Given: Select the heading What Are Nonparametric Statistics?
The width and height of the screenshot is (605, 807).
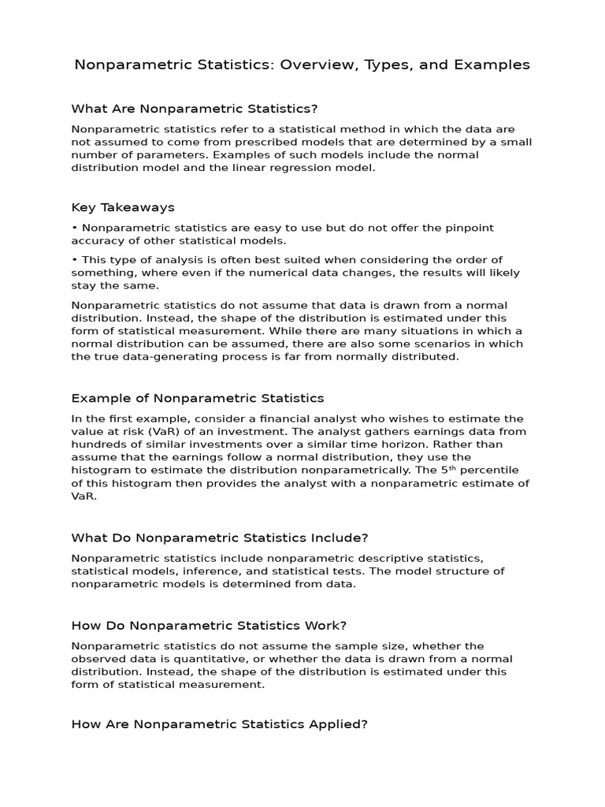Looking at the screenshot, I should [x=195, y=108].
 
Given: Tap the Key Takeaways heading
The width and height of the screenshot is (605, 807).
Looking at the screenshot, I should [x=123, y=207].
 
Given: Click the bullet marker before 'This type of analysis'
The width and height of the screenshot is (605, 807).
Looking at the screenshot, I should [x=74, y=260].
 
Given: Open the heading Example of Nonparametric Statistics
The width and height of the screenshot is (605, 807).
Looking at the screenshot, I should [x=197, y=398].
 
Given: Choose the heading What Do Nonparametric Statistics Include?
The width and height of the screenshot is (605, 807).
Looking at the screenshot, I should [x=220, y=537].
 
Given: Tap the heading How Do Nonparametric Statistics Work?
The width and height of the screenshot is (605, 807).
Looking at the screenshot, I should [x=209, y=625].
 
